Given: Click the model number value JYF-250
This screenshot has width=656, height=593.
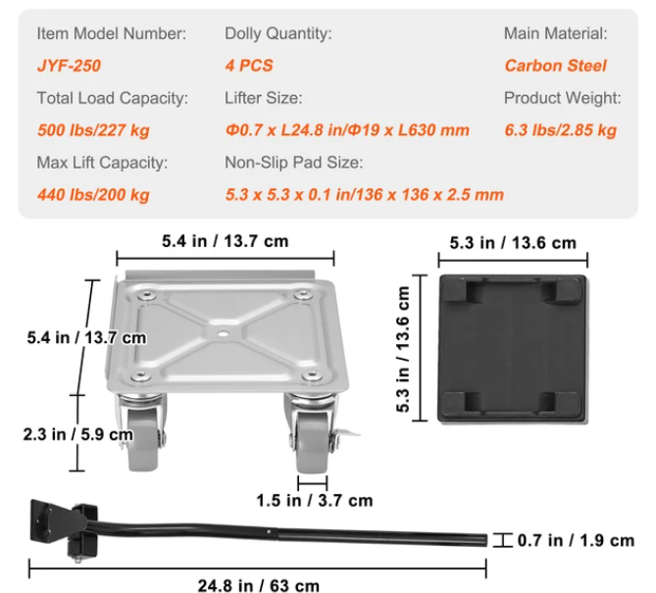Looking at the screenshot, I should pyautogui.click(x=69, y=66).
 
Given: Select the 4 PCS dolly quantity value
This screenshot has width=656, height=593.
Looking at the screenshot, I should pyautogui.click(x=249, y=66).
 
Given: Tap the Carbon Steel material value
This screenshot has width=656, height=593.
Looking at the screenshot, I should pyautogui.click(x=555, y=66).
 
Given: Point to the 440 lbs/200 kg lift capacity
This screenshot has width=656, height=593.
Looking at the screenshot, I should pyautogui.click(x=93, y=194).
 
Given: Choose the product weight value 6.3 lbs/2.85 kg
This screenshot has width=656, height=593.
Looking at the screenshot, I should pyautogui.click(x=560, y=130).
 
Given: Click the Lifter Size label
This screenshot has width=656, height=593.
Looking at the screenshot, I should pyautogui.click(x=264, y=98).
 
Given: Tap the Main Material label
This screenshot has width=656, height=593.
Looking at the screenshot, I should pyautogui.click(x=555, y=33).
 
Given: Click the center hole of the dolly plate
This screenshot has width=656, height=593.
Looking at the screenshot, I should pyautogui.click(x=225, y=333).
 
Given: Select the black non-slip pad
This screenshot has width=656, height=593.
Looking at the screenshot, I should pyautogui.click(x=512, y=349).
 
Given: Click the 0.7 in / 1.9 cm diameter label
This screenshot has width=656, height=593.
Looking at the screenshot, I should pyautogui.click(x=576, y=540).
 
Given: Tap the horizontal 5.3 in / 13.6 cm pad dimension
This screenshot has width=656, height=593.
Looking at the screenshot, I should pyautogui.click(x=512, y=242).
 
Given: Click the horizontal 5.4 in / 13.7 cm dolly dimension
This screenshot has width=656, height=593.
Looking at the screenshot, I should pyautogui.click(x=225, y=240).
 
